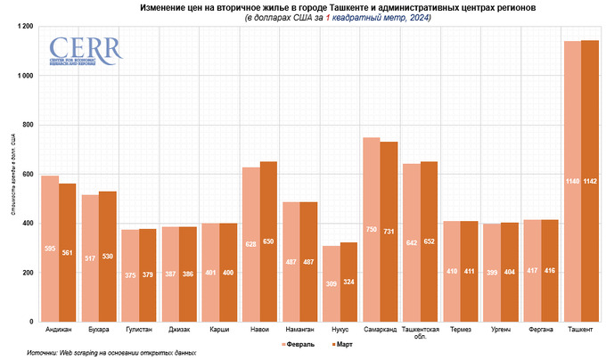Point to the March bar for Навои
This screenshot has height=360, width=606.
coord(267,241)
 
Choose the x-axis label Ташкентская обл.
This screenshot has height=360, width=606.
coord(420,333)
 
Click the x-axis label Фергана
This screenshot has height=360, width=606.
coord(540,330)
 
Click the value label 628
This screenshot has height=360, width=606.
coord(251,268)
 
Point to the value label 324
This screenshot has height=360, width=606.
coord(348,282)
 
